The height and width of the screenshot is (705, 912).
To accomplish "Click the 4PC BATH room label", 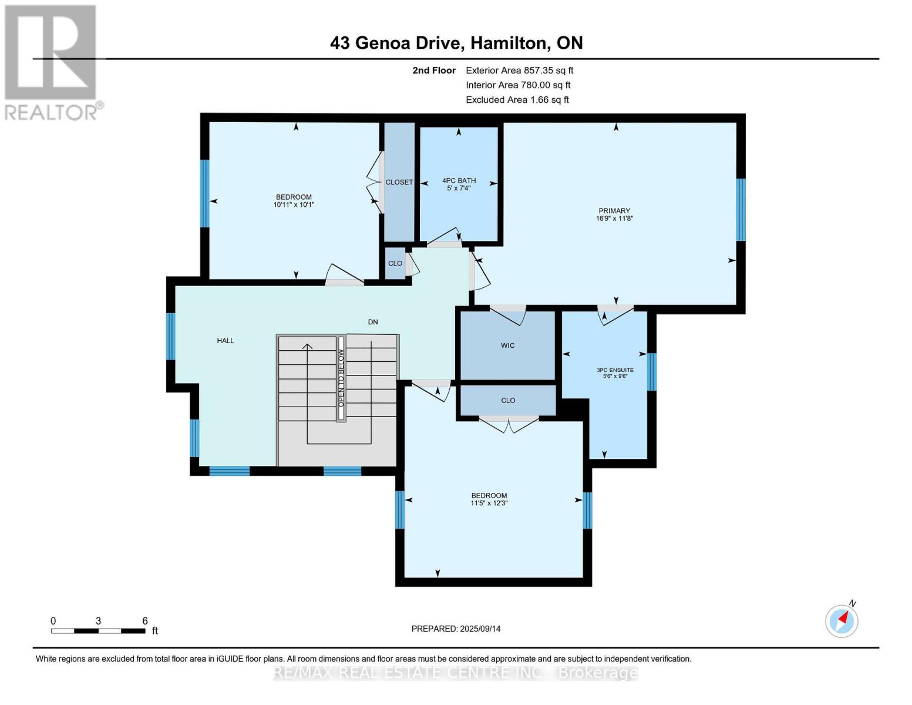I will pos(459,181).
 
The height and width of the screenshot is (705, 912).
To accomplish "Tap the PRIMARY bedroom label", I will pos(614,211).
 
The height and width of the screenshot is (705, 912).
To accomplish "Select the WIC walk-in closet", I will pos(507,345).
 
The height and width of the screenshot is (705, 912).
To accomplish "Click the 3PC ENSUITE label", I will pos(615,370).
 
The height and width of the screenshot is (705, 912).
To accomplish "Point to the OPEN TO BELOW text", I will pos(341,378).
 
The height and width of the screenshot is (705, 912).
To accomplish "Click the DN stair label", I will pos(373,322).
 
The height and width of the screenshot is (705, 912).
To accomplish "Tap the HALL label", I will pos(226,341).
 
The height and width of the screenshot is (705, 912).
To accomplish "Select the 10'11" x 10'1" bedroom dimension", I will pos(294,205).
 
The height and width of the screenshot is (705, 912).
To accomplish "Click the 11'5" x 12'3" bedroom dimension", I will pos(489,503).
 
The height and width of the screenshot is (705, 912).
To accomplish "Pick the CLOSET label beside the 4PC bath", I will pos(399,182).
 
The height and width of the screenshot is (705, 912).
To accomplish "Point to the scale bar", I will pos(98,631).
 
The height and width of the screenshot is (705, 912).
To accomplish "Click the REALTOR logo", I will pos(52,62).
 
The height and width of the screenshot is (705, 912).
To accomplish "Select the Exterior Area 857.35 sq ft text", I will pos(519,70).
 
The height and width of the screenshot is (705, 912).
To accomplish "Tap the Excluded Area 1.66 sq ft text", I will pos(517,100).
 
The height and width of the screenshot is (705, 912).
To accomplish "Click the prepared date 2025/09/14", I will pos(456,629).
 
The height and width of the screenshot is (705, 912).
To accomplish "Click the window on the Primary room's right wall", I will pos(741,210).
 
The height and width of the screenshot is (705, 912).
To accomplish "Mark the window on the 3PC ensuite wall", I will pos(651,372).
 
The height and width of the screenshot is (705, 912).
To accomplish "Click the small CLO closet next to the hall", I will pos(395,263).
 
